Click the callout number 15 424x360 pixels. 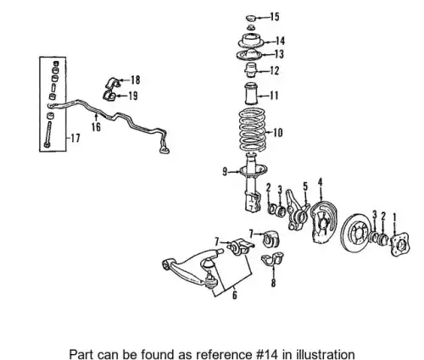275,17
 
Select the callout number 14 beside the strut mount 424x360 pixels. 280,42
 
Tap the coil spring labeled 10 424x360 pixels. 253,130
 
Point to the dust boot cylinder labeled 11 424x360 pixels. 251,94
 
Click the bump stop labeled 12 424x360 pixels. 250,69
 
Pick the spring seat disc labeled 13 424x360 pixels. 250,54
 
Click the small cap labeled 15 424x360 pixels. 250,18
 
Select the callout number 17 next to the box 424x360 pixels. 75,138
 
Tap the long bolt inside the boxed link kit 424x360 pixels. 48,134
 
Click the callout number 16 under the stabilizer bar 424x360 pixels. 96,127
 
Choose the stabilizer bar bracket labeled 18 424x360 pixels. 113,82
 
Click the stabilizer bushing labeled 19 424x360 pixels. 109,96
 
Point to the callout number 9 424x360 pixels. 225,171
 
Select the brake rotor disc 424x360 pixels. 357,233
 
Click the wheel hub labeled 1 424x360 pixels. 399,245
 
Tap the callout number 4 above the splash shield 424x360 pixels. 321,182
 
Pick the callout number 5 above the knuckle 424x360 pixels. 305,186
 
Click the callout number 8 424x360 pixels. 273,283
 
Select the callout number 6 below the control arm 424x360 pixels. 235,295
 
